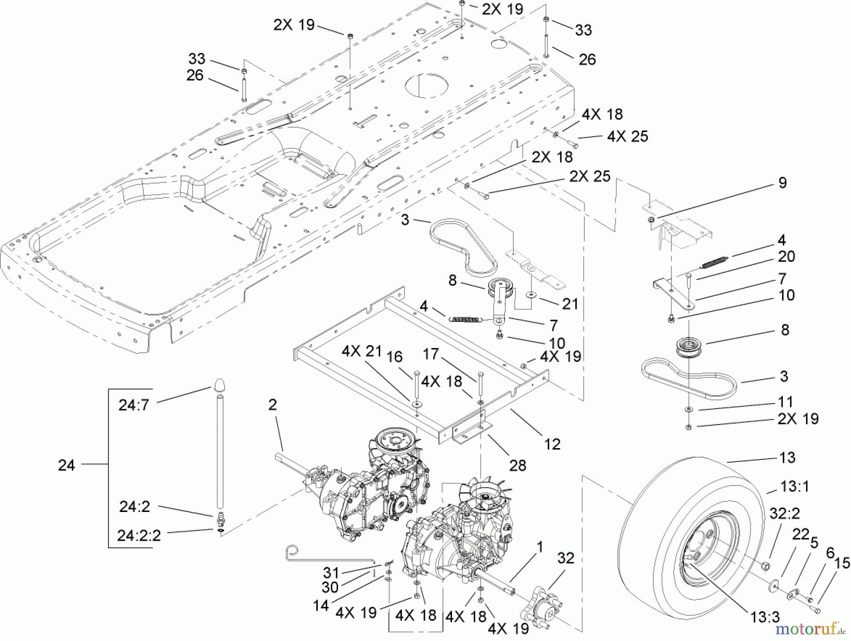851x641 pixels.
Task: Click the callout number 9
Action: (782, 183)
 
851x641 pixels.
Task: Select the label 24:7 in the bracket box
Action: (134, 406)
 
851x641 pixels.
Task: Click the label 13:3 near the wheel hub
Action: (764, 617)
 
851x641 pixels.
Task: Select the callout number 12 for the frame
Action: (552, 444)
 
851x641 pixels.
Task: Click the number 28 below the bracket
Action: (518, 466)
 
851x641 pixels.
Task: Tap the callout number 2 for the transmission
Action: (272, 405)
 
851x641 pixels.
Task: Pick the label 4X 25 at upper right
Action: (627, 137)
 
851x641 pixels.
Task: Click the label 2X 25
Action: (590, 176)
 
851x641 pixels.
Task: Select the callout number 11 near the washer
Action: (785, 402)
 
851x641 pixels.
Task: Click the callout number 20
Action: (786, 257)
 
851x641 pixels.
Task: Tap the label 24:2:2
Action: (139, 536)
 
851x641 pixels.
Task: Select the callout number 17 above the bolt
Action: (431, 354)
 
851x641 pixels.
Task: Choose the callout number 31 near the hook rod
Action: (331, 573)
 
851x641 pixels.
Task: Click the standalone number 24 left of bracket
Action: (66, 466)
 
